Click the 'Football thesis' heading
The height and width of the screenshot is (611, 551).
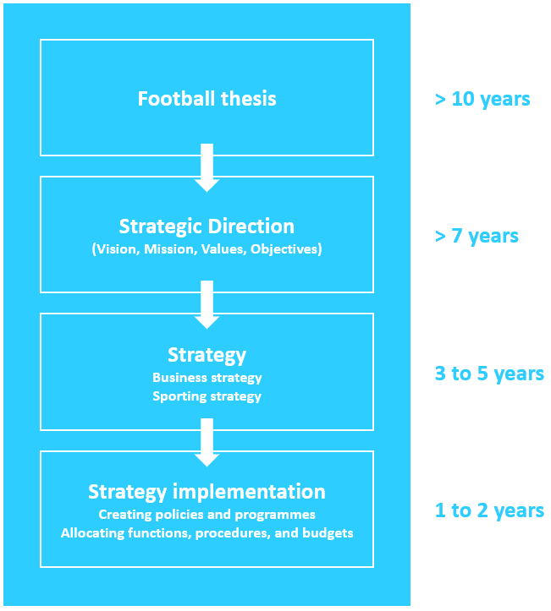[207, 99]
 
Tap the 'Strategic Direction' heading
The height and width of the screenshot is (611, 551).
[207, 226]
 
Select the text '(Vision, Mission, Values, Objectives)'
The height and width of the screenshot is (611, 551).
[207, 249]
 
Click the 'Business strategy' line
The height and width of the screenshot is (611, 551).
[207, 378]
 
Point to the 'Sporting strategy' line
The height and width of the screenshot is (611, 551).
[207, 396]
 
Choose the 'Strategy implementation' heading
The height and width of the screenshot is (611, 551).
[207, 492]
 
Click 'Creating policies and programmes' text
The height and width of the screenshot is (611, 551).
[207, 514]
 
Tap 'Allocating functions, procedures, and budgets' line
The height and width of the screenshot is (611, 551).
[207, 533]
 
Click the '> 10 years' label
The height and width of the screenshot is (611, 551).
[482, 99]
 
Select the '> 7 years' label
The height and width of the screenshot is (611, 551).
[477, 236]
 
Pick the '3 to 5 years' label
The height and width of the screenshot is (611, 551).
[489, 374]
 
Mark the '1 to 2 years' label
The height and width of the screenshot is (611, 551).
[489, 510]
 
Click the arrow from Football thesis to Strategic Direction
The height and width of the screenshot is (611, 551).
[207, 167]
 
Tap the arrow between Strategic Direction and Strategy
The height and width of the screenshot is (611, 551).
[207, 304]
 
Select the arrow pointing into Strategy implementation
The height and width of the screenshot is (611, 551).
[207, 442]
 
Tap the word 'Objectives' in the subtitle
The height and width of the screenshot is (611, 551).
[285, 249]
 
